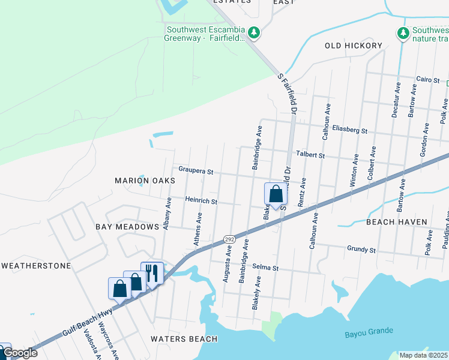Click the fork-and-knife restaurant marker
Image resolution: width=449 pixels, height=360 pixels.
[x=152, y=273]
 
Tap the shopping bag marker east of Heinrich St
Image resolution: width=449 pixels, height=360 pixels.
[x=275, y=194]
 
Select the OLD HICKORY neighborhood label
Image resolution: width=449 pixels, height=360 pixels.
[x=354, y=46]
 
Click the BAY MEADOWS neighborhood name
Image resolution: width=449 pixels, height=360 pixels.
[x=127, y=227]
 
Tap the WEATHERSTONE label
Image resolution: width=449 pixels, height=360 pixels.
[x=36, y=265]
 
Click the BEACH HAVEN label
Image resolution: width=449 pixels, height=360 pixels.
[x=397, y=222]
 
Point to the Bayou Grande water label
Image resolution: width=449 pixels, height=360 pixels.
[x=369, y=331]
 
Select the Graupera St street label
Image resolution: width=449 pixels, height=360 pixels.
[x=196, y=171]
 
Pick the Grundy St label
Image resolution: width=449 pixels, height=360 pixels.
[x=361, y=248]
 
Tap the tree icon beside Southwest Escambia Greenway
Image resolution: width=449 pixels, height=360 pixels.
[x=254, y=32]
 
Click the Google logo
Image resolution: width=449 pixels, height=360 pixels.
[x=20, y=353]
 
